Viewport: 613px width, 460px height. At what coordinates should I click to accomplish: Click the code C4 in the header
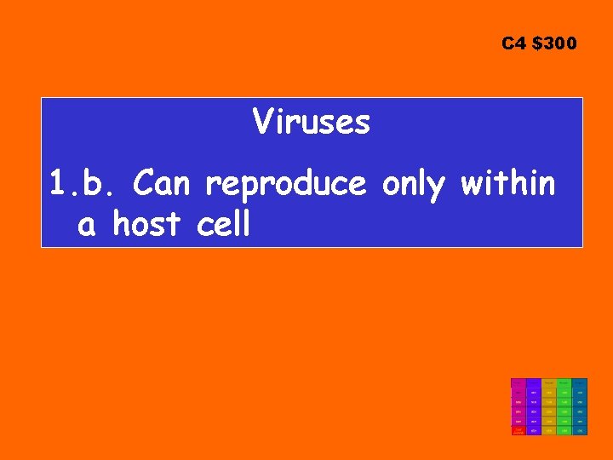pyautogui.click(x=513, y=43)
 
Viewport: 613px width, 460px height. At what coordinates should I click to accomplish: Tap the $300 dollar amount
pyautogui.click(x=553, y=43)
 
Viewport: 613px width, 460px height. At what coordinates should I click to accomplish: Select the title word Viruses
pyautogui.click(x=312, y=124)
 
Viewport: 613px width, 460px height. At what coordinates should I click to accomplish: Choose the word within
pyautogui.click(x=508, y=183)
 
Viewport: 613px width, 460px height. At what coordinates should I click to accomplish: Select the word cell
pyautogui.click(x=224, y=225)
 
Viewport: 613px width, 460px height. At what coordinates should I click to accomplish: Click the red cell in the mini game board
pyautogui.click(x=518, y=430)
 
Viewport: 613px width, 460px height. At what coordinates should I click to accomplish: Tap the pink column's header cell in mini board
pyautogui.click(x=518, y=383)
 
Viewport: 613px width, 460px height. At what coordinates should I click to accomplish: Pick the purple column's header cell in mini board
pyautogui.click(x=534, y=383)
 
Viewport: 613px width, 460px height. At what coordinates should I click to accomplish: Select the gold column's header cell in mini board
pyautogui.click(x=549, y=383)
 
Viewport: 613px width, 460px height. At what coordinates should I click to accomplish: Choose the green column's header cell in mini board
pyautogui.click(x=564, y=383)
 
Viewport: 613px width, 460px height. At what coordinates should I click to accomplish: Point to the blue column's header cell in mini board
pyautogui.click(x=580, y=383)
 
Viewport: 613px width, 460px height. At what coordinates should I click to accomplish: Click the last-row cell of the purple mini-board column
pyautogui.click(x=534, y=430)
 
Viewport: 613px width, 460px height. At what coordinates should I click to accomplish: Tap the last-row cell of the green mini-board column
pyautogui.click(x=564, y=430)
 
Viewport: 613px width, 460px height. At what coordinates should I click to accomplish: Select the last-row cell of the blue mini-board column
pyautogui.click(x=580, y=430)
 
